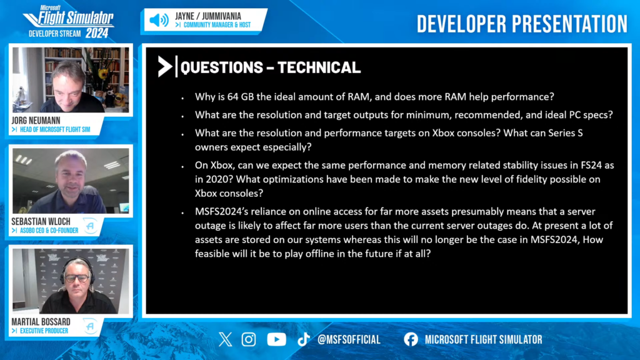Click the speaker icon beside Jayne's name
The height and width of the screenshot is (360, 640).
pos(159,20)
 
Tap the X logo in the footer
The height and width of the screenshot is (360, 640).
pos(225,339)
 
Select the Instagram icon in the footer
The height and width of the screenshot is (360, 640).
pos(249,339)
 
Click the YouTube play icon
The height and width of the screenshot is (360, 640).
pos(276,339)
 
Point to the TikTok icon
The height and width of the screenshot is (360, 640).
pos(303,339)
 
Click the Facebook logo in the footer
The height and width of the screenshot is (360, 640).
pos(411,339)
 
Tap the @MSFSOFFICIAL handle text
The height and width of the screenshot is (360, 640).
pos(349,339)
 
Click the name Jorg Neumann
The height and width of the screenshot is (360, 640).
pos(36,121)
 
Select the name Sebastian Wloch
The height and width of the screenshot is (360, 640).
pos(41,221)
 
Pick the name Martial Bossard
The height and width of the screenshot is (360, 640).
pos(41,322)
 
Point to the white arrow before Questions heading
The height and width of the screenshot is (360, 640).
pos(165,66)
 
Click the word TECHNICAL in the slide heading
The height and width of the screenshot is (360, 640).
pos(319,67)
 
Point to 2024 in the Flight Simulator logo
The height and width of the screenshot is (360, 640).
pos(97,33)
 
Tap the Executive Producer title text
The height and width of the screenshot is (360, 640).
pos(44,331)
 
